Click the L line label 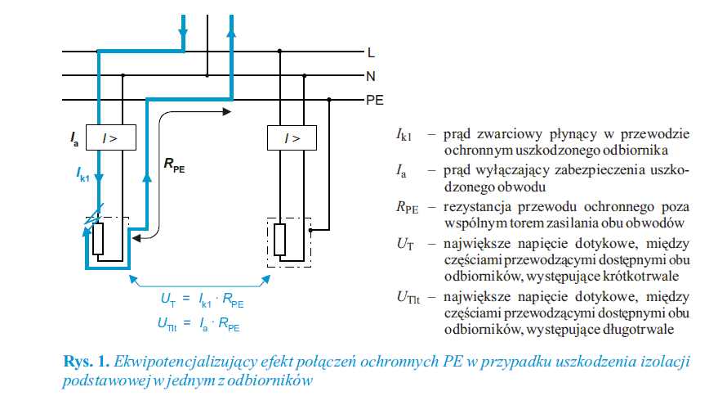[371, 52]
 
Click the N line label [371, 77]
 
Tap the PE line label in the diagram [375, 100]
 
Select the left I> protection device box [111, 137]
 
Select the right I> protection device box [292, 137]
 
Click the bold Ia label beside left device [74, 138]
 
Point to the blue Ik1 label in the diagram [83, 175]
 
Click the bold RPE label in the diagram [175, 164]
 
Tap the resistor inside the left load [98, 239]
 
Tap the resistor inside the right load [280, 239]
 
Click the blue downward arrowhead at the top [183, 34]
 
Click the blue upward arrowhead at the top [231, 32]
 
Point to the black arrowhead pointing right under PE [226, 111]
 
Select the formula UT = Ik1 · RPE [202, 300]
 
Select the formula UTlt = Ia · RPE [198, 323]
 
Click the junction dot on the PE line [329, 99]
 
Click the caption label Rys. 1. [87, 362]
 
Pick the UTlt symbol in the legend [408, 298]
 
